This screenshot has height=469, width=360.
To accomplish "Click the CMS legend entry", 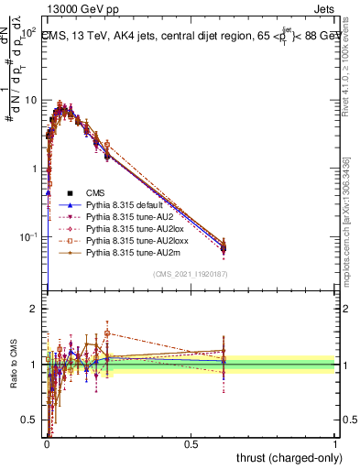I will pos(95,193).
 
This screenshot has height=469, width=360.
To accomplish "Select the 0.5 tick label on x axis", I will pos(191,443).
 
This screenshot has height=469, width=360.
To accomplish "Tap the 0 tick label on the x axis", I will pos(47,443).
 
